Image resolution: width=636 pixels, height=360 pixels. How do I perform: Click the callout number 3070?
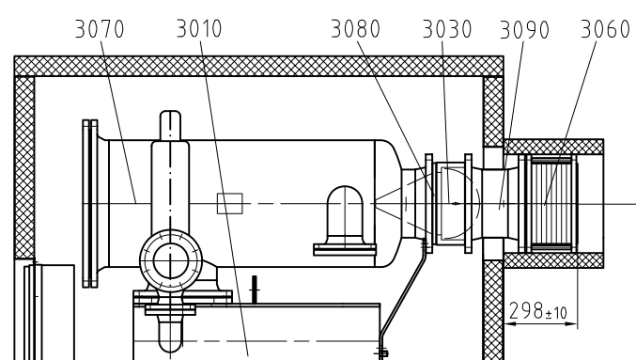click(x=100, y=29)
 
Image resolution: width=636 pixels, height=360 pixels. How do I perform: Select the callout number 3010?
click(x=199, y=29)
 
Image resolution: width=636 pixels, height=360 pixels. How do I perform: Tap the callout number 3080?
click(x=356, y=29)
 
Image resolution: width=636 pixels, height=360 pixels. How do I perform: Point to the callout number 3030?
click(x=447, y=29)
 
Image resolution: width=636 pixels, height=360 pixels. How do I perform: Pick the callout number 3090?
click(x=524, y=30)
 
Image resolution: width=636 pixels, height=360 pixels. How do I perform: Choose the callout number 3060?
click(x=605, y=29)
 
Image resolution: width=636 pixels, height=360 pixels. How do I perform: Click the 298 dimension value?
click(x=526, y=311)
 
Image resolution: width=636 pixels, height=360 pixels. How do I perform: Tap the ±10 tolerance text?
click(x=556, y=313)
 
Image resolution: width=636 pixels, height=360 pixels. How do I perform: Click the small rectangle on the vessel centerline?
click(x=230, y=203)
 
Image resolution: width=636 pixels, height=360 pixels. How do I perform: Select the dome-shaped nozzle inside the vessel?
click(x=345, y=215)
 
